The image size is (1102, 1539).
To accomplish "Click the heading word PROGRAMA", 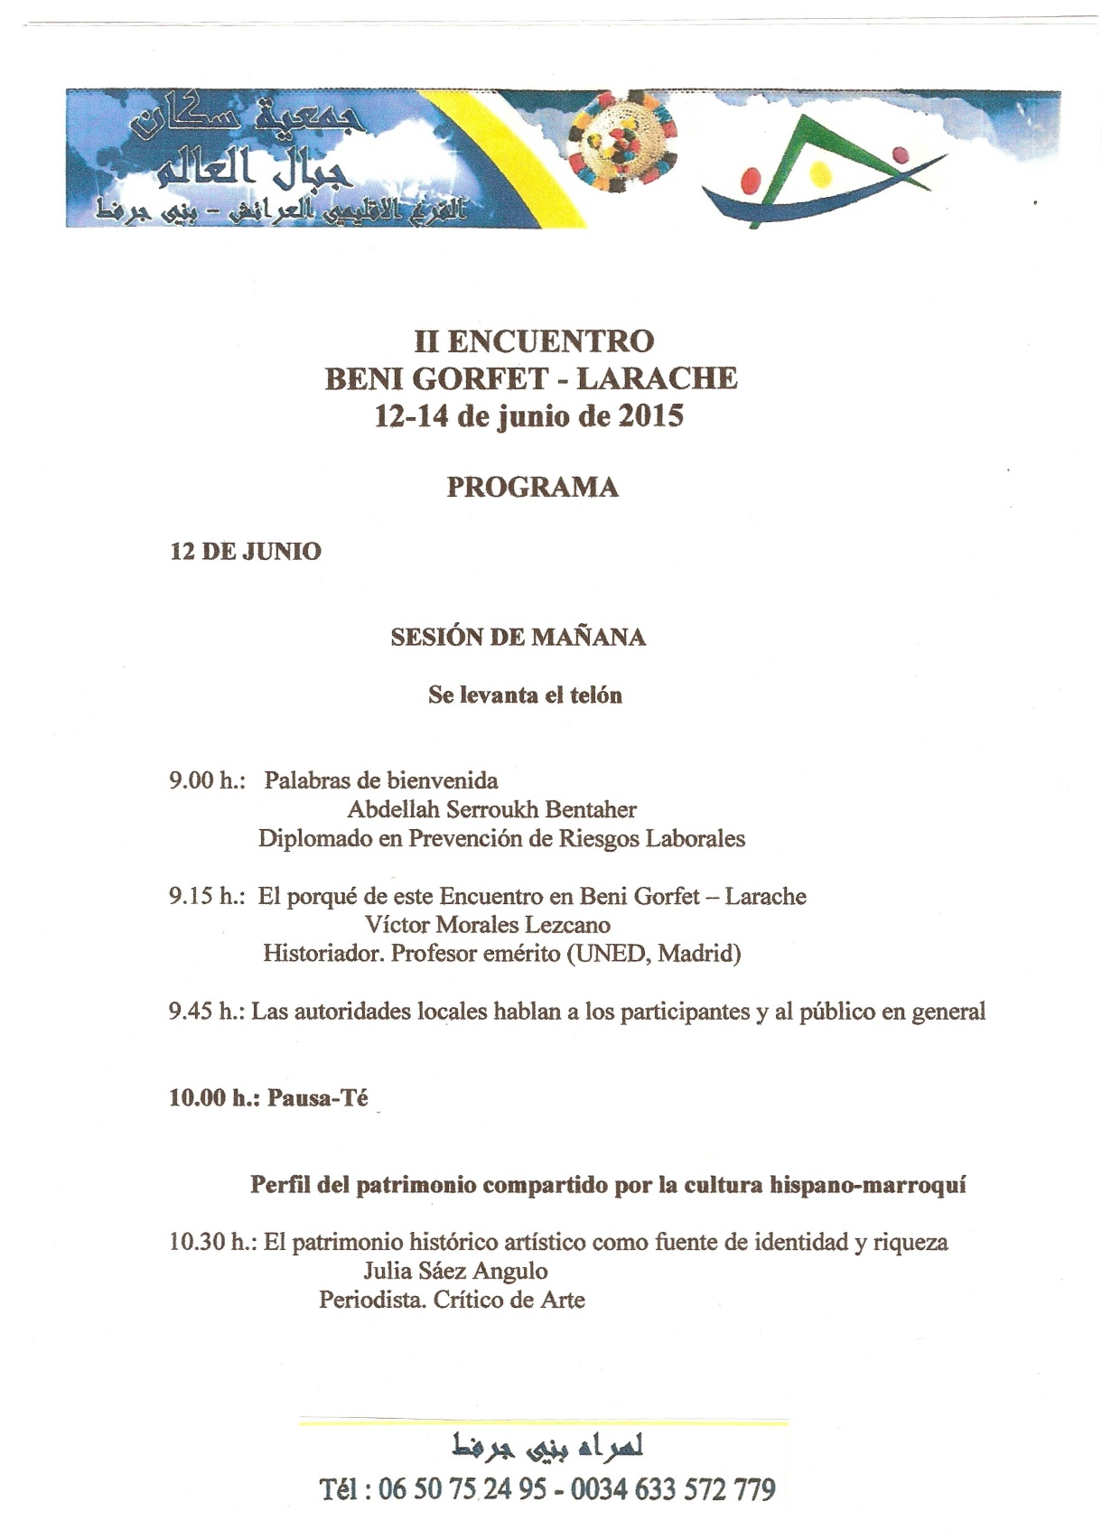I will pos(532,487).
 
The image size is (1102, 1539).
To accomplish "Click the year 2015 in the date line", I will pos(650,416).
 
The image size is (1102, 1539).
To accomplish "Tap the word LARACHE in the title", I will pos(657,378).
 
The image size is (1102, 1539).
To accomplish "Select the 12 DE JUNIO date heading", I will pos(245,551).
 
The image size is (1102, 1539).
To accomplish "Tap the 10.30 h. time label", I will pos(212,1243).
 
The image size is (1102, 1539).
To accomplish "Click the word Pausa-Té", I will pos(318,1098).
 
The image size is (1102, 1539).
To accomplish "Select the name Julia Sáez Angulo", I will pos(455,1272).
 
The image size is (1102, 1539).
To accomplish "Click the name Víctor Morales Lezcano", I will pos(488,925).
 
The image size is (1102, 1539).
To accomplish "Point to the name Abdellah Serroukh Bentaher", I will pos(492,809).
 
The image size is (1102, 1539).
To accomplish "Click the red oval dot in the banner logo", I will pos(750,180).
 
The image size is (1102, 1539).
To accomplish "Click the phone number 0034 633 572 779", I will pos(673,1489).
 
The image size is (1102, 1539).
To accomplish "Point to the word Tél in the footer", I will pos(341,1489).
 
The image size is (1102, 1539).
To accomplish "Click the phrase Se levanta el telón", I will pos(525,695).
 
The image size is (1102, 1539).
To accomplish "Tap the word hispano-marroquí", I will pos(867,1185).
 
